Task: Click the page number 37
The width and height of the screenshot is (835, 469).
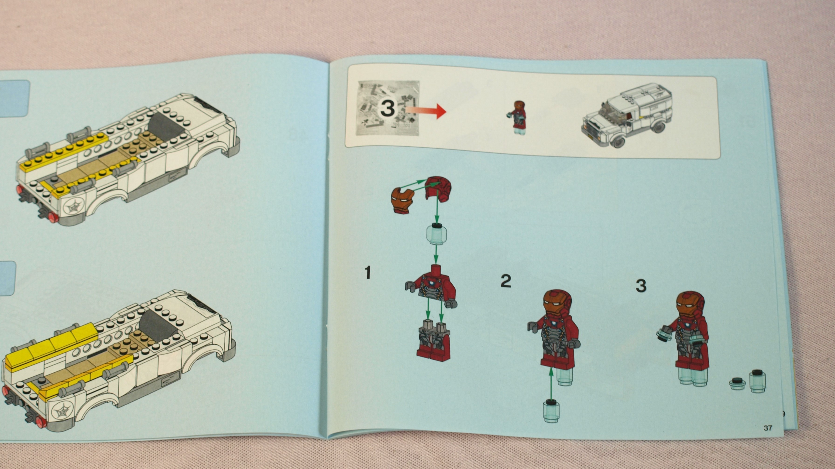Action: (768, 428)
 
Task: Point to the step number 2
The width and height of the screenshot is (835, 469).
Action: (506, 281)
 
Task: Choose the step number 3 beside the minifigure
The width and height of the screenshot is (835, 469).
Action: (641, 286)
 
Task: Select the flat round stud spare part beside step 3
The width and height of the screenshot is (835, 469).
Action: (737, 384)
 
